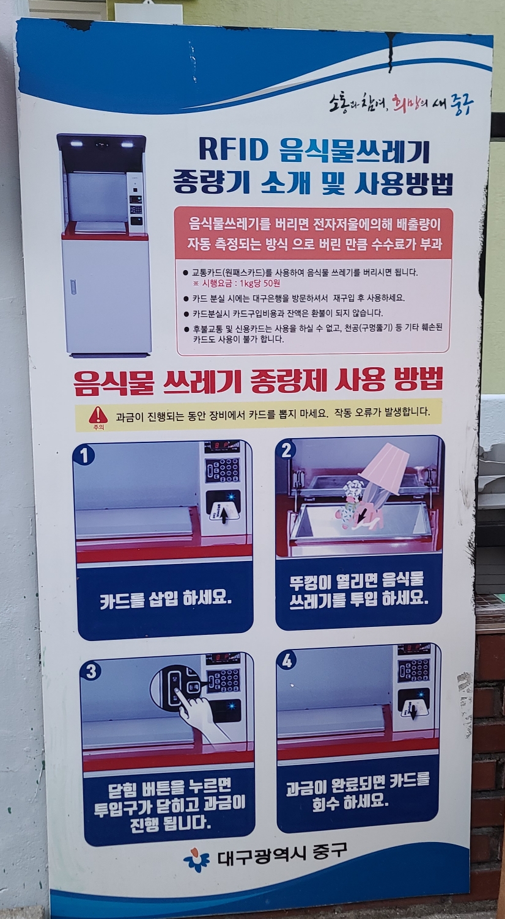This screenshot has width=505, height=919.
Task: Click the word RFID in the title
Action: tap(233, 150)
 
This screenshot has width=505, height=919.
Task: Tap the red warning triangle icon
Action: tap(98, 414)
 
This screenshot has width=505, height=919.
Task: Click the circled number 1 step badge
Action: tap(84, 456)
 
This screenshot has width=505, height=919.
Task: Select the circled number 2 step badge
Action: tap(286, 450)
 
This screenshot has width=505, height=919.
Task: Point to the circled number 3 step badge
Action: tap(91, 672)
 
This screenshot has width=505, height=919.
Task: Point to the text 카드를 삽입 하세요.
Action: tap(166, 599)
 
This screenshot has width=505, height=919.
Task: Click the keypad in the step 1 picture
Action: tap(223, 470)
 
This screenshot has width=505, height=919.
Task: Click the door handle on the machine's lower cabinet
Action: tap(73, 287)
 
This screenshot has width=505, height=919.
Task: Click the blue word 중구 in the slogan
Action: tap(462, 104)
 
